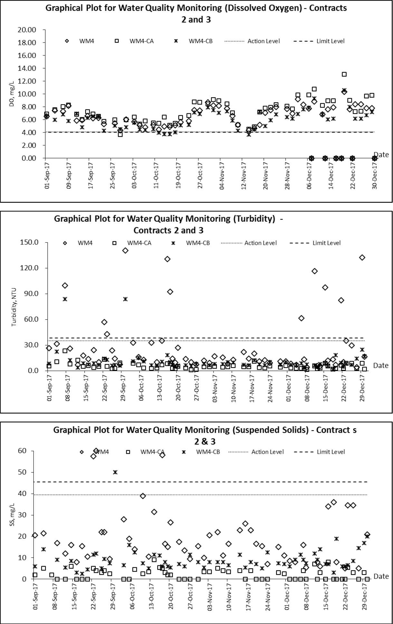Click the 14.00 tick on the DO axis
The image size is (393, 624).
tap(27, 68)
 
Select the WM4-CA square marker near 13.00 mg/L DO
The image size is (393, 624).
tap(344, 74)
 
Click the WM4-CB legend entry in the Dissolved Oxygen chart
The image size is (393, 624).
tap(193, 41)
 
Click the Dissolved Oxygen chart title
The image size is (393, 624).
tap(196, 14)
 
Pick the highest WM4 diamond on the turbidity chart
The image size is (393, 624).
tap(125, 251)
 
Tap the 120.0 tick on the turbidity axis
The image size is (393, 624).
tap(29, 268)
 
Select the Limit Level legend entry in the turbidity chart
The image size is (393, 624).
tap(315, 243)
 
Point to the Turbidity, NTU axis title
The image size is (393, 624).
tap(14, 307)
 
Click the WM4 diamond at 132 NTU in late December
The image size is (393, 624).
tap(362, 257)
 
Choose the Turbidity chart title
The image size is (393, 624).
tap(168, 225)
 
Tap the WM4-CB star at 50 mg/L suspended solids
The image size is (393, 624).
tap(115, 472)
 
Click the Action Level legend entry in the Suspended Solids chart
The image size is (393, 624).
tap(256, 452)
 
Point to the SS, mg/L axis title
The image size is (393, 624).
tap(12, 515)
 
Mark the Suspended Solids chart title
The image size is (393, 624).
tap(205, 436)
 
